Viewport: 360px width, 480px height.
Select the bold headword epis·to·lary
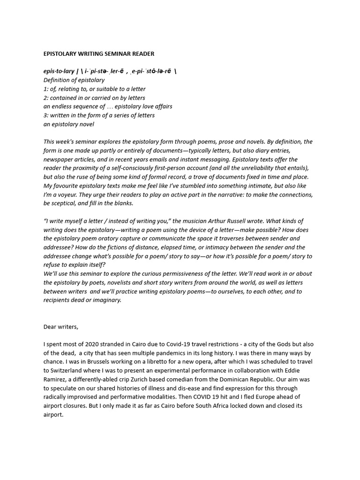coord(59,71)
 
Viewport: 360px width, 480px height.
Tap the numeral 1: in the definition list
coord(46,89)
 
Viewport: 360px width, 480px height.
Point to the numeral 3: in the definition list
coord(46,115)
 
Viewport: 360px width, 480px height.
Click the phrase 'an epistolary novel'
coord(69,124)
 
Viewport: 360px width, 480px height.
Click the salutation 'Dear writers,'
coord(61,327)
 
